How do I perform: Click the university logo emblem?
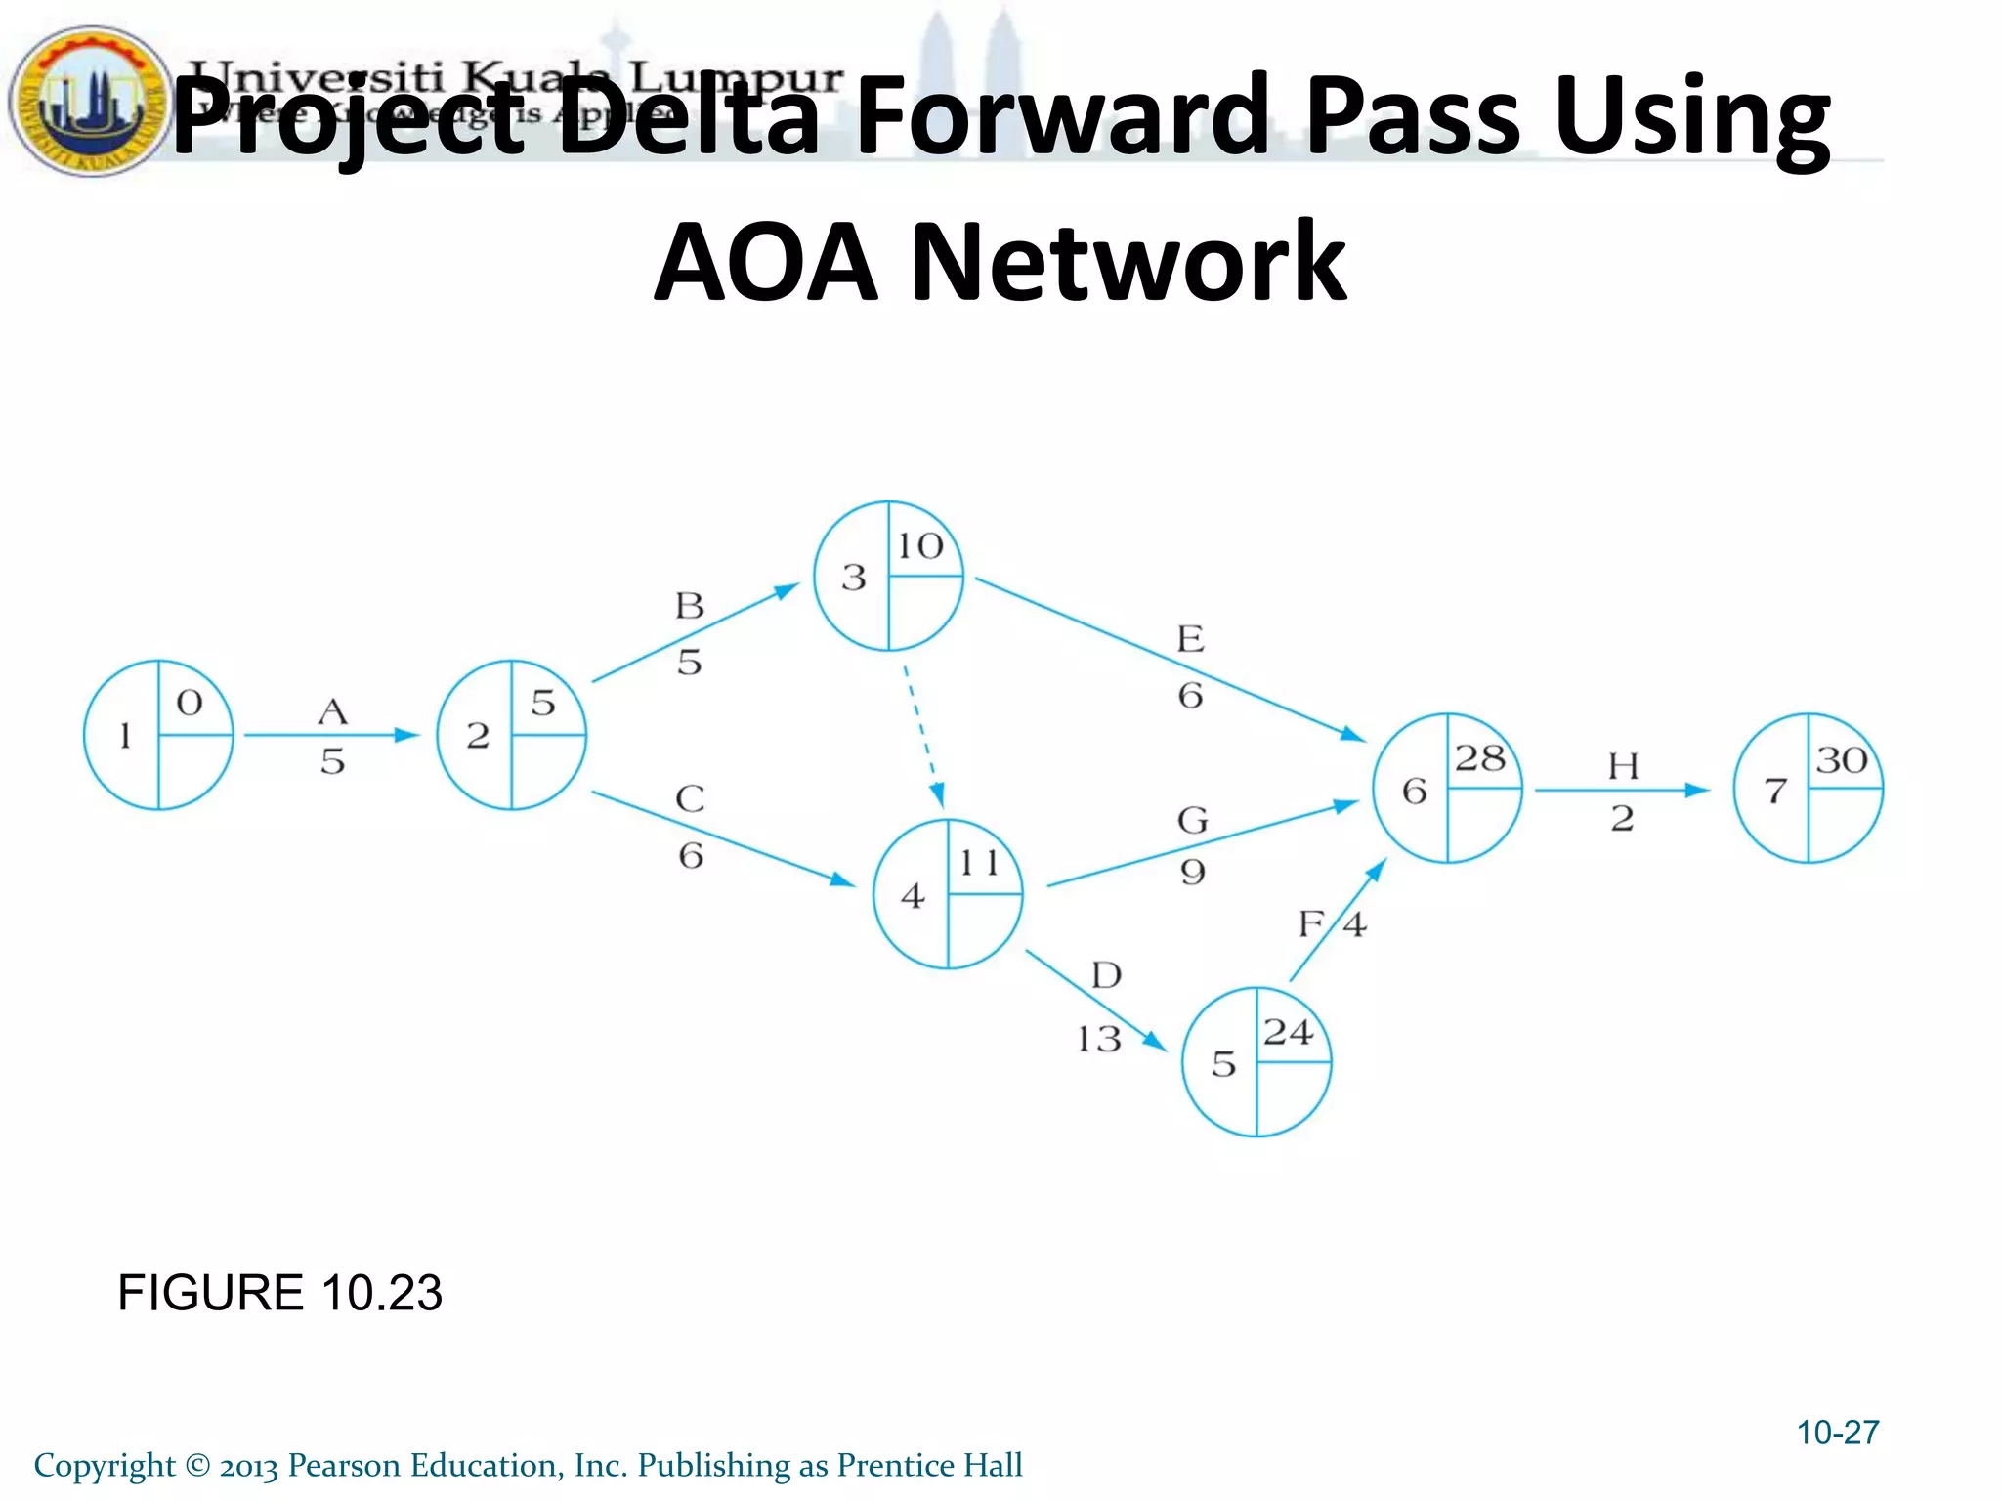[90, 101]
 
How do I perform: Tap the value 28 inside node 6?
[1479, 758]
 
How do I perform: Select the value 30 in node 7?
[1842, 759]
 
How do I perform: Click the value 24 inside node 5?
[1287, 1032]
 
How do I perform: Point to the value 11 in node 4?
[979, 863]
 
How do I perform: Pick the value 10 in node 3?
[920, 545]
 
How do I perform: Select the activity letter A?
[333, 711]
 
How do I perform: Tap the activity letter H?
[1623, 766]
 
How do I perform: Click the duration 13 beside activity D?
[1098, 1038]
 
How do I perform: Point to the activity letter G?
[1192, 820]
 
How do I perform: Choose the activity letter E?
[1190, 639]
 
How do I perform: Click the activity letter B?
[690, 606]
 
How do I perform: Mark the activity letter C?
[690, 798]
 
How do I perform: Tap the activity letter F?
[1310, 923]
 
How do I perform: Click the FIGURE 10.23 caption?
[279, 1293]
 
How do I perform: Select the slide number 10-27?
[1837, 1433]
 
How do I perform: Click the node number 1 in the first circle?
[125, 735]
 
